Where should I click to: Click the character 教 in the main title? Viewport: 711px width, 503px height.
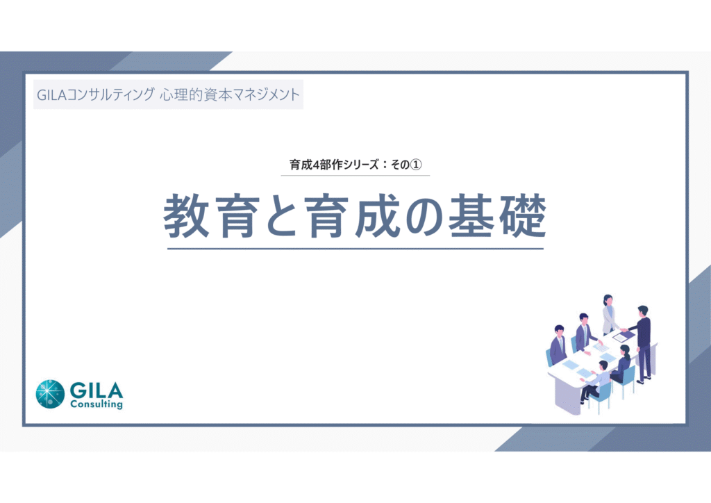pos(186,216)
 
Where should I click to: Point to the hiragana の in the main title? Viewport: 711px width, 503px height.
pos(424,216)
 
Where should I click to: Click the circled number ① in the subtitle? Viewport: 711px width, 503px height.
pos(415,164)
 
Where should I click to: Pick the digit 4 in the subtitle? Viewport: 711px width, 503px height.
pos(317,165)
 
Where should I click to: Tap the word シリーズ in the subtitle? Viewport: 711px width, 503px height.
pos(360,165)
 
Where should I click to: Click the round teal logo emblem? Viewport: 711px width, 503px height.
pos(50,394)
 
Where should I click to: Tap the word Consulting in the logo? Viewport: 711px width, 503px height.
pos(97,404)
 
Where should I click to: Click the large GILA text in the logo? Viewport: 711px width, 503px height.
pos(97,390)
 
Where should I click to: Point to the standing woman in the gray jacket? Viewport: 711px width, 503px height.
pos(610,315)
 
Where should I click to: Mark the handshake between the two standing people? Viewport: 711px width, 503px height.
pos(624,330)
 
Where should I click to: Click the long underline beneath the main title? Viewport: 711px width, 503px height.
pos(355,249)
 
